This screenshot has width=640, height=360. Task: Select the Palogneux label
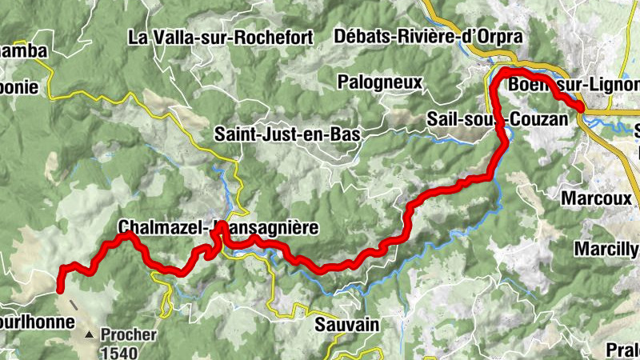coord(378,81)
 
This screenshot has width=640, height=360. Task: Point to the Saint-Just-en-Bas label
coord(287,134)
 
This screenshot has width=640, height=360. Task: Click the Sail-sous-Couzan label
coord(502,118)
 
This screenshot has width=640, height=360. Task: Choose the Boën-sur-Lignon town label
coord(573,85)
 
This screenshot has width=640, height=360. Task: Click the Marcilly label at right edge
coord(607,249)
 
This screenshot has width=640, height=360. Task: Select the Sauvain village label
coord(346,325)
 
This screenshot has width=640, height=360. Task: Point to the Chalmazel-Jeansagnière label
coord(218,228)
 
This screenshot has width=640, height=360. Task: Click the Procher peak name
coord(129,335)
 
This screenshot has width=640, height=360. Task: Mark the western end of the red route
coord(60,291)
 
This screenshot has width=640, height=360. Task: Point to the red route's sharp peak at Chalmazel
coord(222,227)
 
